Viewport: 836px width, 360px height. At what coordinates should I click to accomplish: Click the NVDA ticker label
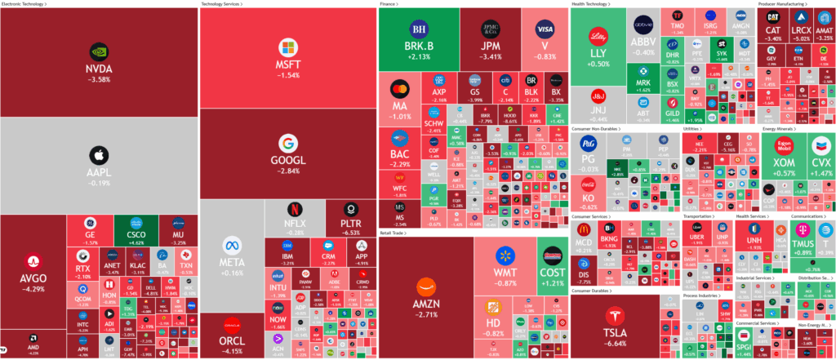[x=99, y=69]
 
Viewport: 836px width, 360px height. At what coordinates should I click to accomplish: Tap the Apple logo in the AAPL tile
[x=99, y=153]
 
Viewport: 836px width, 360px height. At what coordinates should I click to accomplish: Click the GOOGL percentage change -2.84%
[x=288, y=171]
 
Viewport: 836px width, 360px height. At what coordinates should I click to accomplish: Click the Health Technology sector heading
[x=594, y=4]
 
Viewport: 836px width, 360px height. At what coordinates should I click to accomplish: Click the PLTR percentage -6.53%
[x=350, y=233]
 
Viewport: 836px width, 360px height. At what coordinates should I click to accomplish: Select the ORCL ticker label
[x=231, y=340]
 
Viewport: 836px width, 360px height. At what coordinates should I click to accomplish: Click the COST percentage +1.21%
[x=552, y=282]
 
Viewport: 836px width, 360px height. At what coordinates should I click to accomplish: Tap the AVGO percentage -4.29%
[x=33, y=289]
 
